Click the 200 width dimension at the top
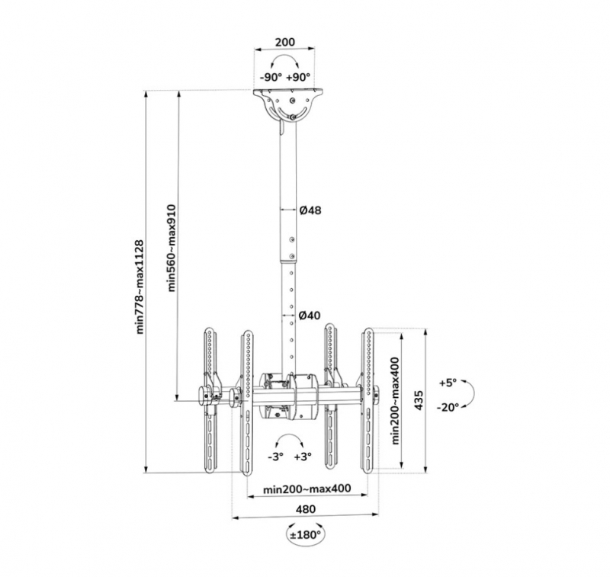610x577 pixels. tap(284, 42)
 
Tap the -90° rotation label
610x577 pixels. tap(271, 76)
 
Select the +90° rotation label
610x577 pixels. tap(298, 76)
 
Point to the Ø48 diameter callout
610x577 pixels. tap(310, 210)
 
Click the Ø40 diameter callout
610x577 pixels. tap(310, 315)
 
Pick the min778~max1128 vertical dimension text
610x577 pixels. tap(140, 287)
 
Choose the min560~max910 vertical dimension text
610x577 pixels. tap(172, 248)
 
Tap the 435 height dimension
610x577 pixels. tap(419, 400)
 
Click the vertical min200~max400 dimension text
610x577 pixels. tap(396, 400)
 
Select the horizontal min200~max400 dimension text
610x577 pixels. tap(307, 488)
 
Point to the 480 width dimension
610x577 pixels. tap(306, 509)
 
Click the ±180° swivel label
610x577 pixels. tap(306, 534)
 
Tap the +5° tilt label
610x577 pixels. tap(448, 383)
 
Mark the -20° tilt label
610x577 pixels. tap(448, 407)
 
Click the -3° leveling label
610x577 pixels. tap(275, 457)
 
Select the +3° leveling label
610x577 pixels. tap(303, 457)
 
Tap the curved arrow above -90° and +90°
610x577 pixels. tap(284, 56)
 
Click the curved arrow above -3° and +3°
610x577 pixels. tap(288, 435)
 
